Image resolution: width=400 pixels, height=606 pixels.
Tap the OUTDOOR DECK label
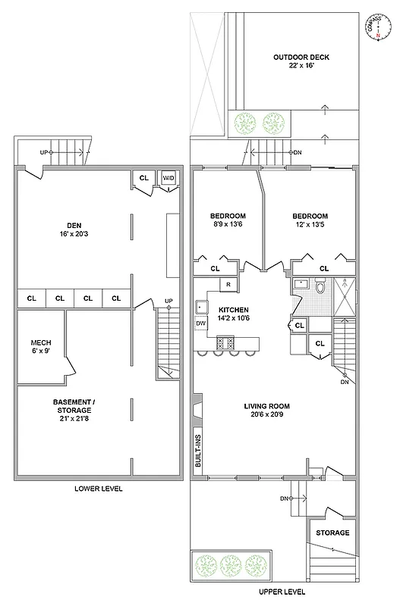point(301,57)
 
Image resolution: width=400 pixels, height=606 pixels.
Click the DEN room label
point(74,224)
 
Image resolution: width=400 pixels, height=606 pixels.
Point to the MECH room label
point(40,342)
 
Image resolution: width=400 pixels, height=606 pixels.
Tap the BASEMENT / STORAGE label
point(74,405)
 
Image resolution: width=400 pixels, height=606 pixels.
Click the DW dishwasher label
point(201,324)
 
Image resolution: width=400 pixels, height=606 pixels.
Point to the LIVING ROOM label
point(266,406)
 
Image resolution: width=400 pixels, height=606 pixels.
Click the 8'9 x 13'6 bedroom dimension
point(225,224)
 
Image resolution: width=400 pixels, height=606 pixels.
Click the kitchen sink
point(202,307)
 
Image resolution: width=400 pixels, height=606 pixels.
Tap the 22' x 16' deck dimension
point(301,67)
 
